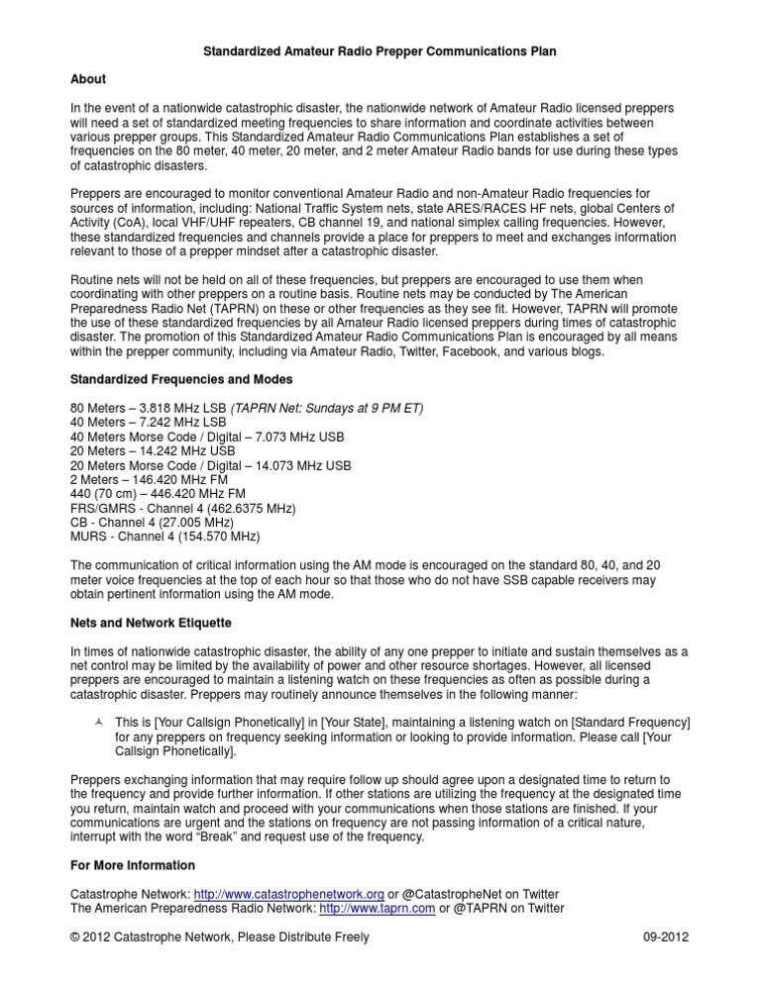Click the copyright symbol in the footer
(76, 937)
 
